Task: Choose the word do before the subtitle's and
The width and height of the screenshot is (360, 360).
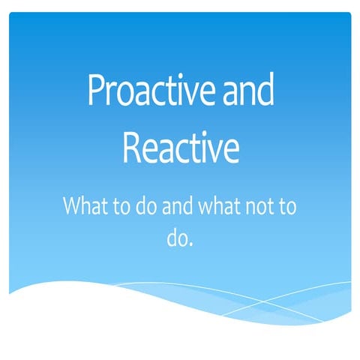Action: [146, 205]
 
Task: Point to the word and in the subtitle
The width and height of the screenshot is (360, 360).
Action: [179, 205]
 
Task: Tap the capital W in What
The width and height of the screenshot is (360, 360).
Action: [73, 205]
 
